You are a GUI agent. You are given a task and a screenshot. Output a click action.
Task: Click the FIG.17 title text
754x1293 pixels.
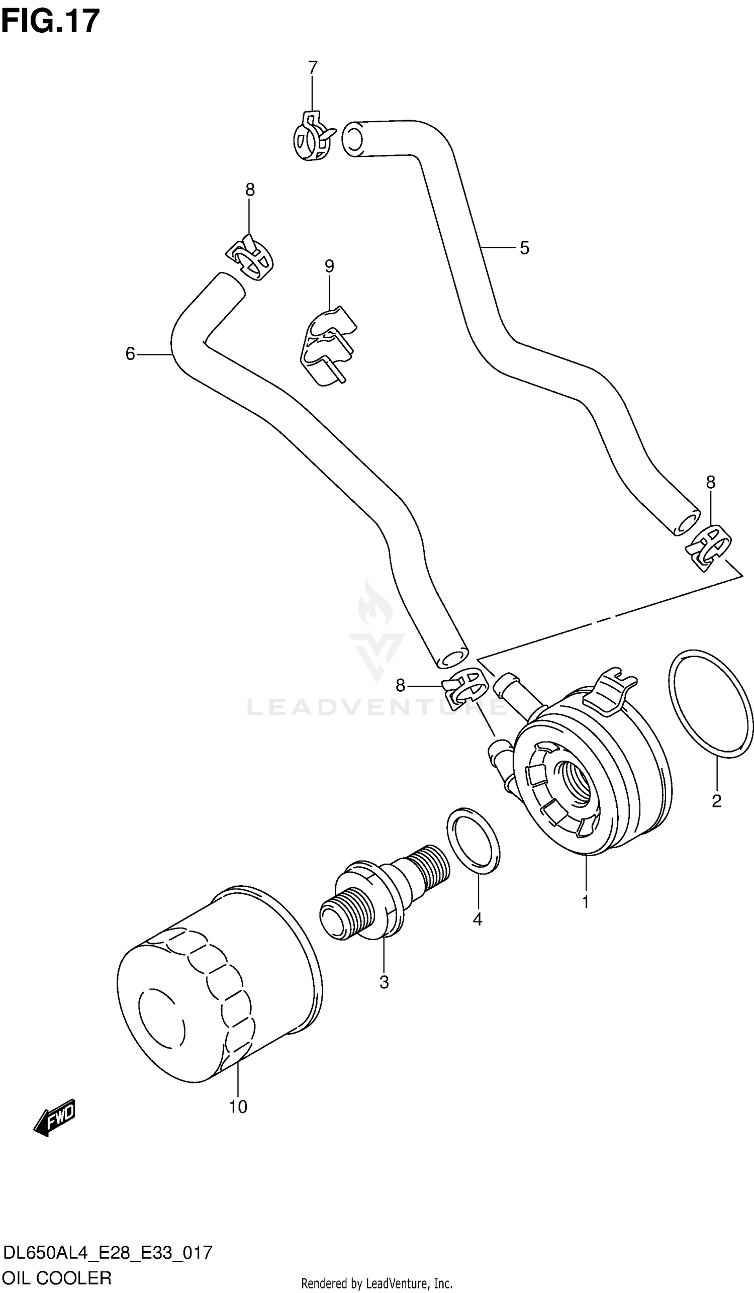(50, 22)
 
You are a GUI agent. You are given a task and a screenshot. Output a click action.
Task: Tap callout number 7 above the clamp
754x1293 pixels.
(312, 67)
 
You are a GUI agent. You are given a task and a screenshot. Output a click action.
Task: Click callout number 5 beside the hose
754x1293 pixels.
(524, 248)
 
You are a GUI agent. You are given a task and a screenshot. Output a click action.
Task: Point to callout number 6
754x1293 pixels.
(130, 353)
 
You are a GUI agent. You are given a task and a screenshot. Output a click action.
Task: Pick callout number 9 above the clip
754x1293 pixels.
(329, 266)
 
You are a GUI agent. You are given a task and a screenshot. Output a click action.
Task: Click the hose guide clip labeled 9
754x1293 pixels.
(326, 346)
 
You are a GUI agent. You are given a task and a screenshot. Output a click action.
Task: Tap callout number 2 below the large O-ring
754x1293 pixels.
(716, 801)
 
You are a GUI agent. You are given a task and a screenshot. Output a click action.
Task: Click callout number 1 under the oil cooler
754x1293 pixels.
(585, 902)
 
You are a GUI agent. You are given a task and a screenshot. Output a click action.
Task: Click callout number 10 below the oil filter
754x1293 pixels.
(238, 1107)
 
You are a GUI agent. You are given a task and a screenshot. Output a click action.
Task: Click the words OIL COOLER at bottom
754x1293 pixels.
(57, 1277)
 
